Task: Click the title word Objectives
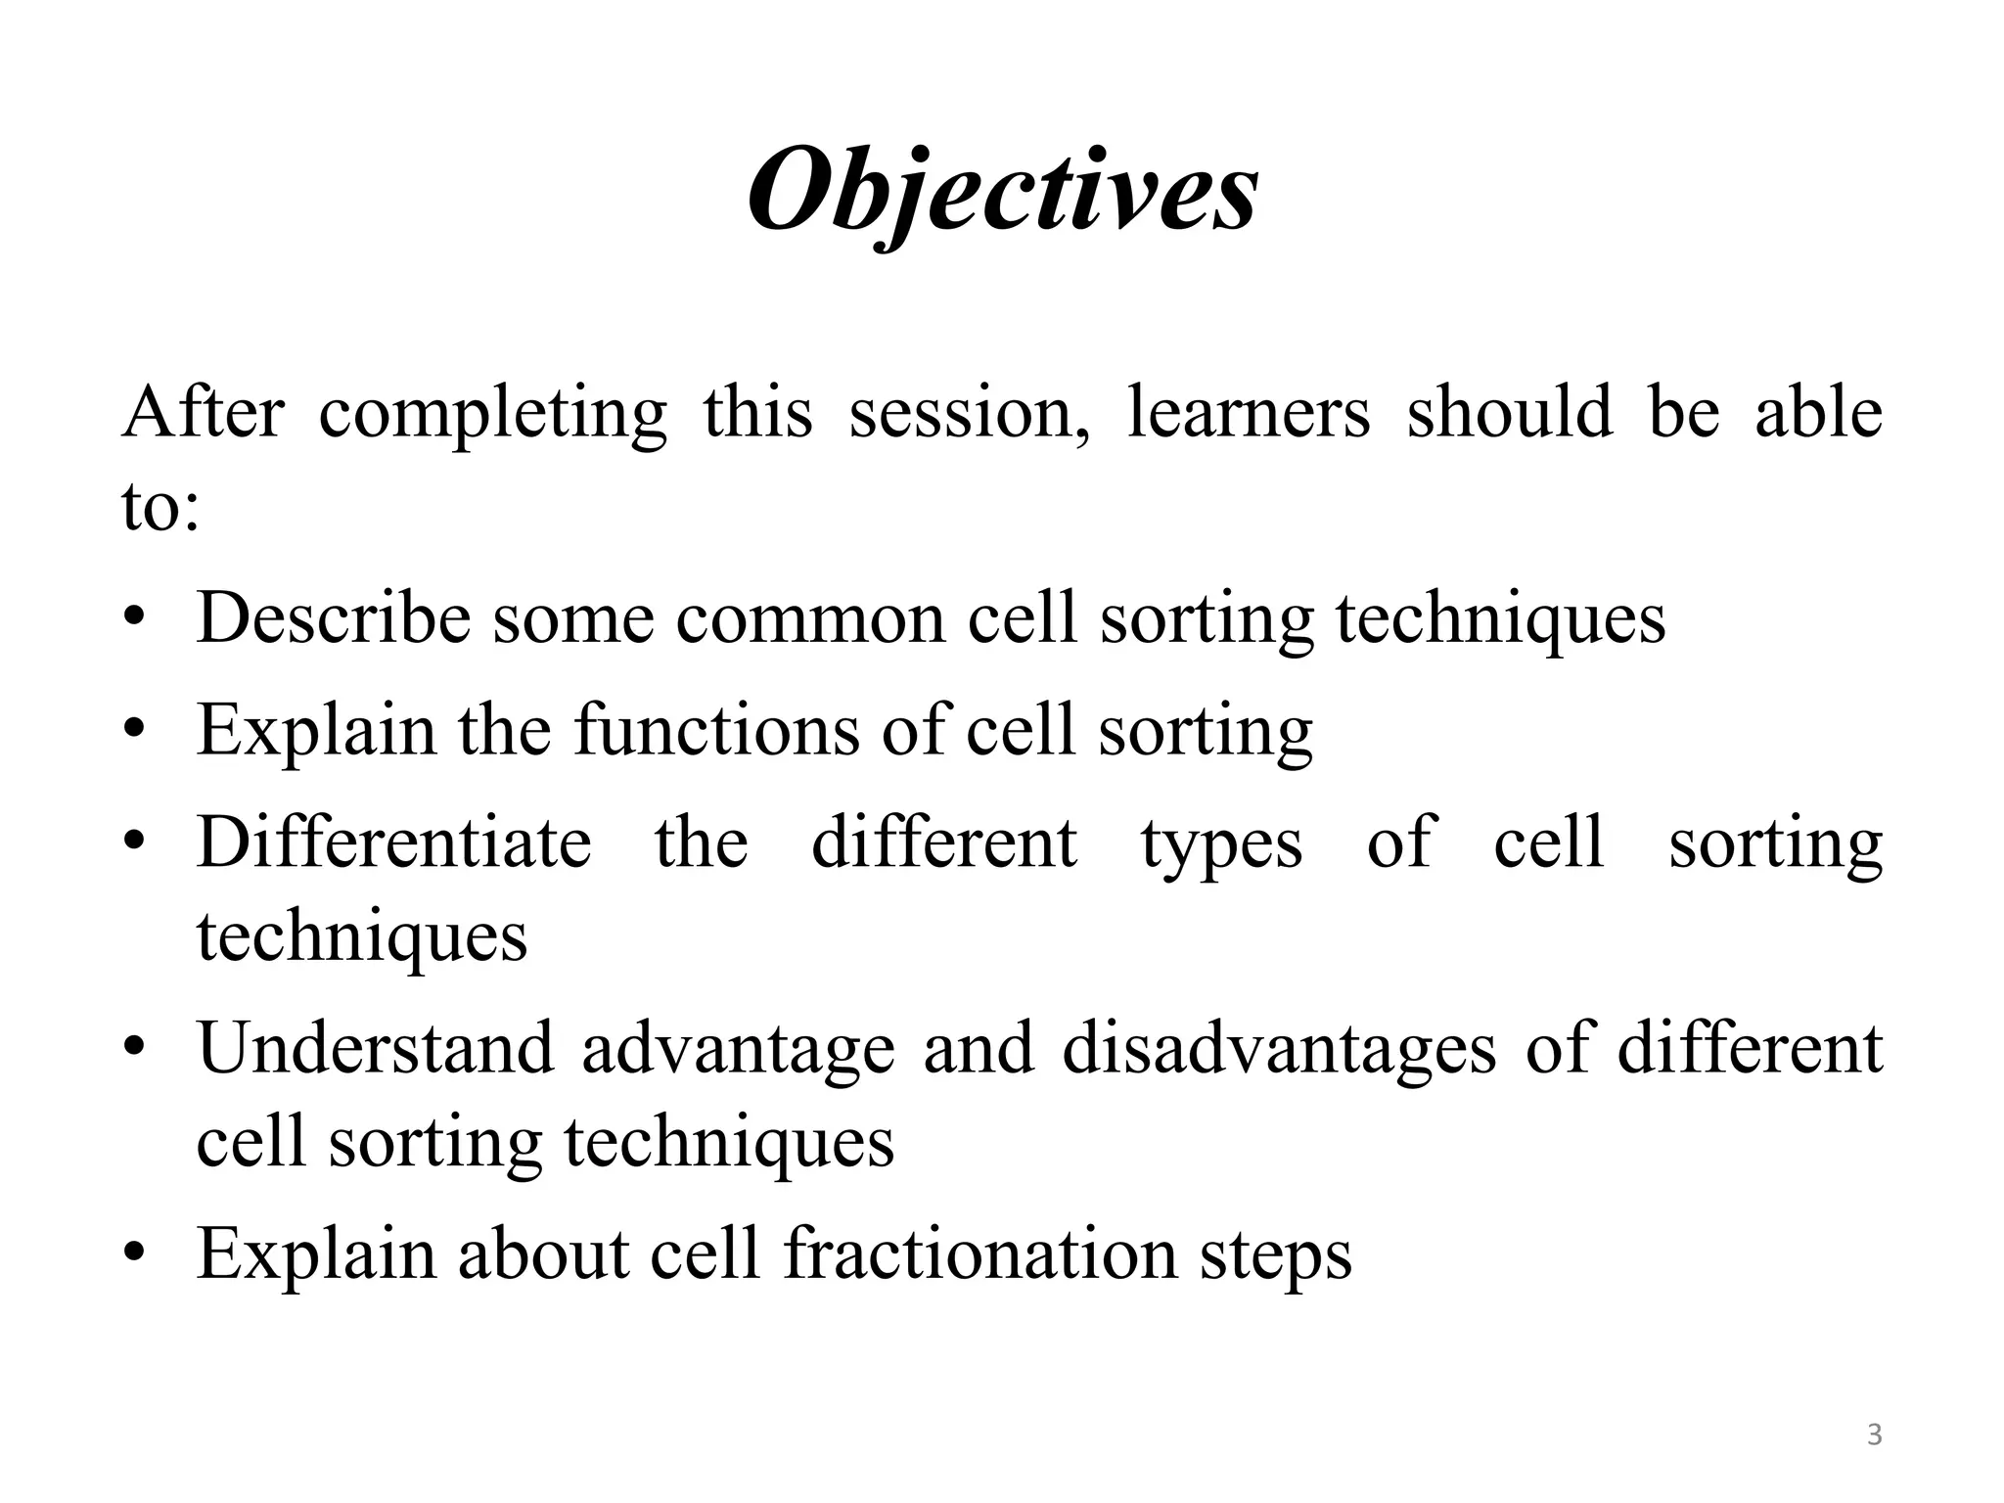click(1002, 191)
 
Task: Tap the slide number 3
click(1874, 1435)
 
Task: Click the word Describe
click(333, 618)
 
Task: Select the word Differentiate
click(394, 843)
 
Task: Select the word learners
click(1249, 412)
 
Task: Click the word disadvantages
click(1279, 1048)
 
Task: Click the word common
click(810, 618)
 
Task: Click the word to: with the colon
click(160, 508)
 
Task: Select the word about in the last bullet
click(543, 1253)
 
